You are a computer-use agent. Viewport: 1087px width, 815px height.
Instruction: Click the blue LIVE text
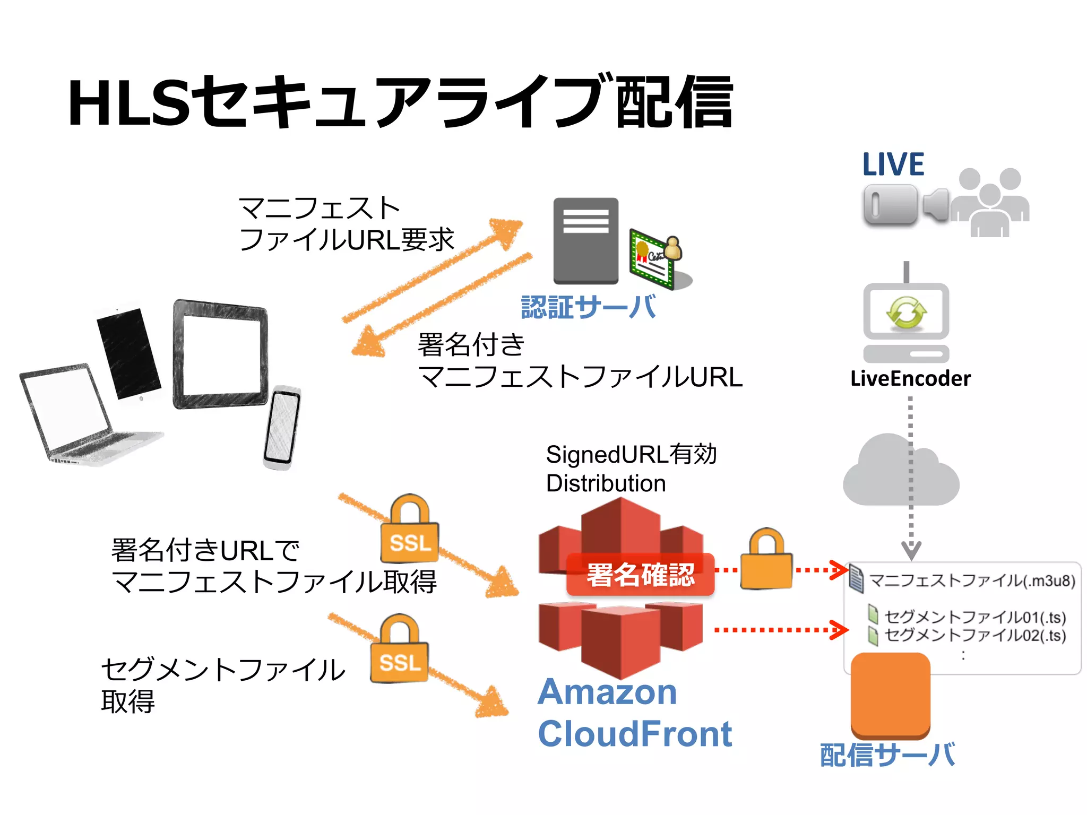click(893, 164)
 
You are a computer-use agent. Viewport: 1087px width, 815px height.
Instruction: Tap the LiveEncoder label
click(910, 379)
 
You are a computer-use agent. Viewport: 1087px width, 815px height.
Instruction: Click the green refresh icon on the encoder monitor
click(906, 313)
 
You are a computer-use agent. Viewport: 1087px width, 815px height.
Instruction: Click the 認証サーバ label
click(588, 307)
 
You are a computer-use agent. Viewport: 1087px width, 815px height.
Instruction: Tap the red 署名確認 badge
click(640, 575)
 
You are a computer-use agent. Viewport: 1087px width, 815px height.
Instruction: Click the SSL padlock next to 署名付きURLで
click(410, 531)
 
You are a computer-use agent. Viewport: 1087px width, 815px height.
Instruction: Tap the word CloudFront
click(635, 734)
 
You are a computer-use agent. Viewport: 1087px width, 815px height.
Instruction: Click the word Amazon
click(607, 692)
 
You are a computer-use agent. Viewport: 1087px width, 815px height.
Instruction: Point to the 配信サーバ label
click(887, 755)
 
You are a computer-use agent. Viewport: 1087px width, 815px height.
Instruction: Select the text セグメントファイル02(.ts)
click(974, 635)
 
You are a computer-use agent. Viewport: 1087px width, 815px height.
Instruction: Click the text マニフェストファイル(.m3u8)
click(972, 581)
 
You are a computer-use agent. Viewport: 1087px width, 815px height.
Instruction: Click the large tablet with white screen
click(220, 354)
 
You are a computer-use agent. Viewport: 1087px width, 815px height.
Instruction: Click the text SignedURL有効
click(631, 455)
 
